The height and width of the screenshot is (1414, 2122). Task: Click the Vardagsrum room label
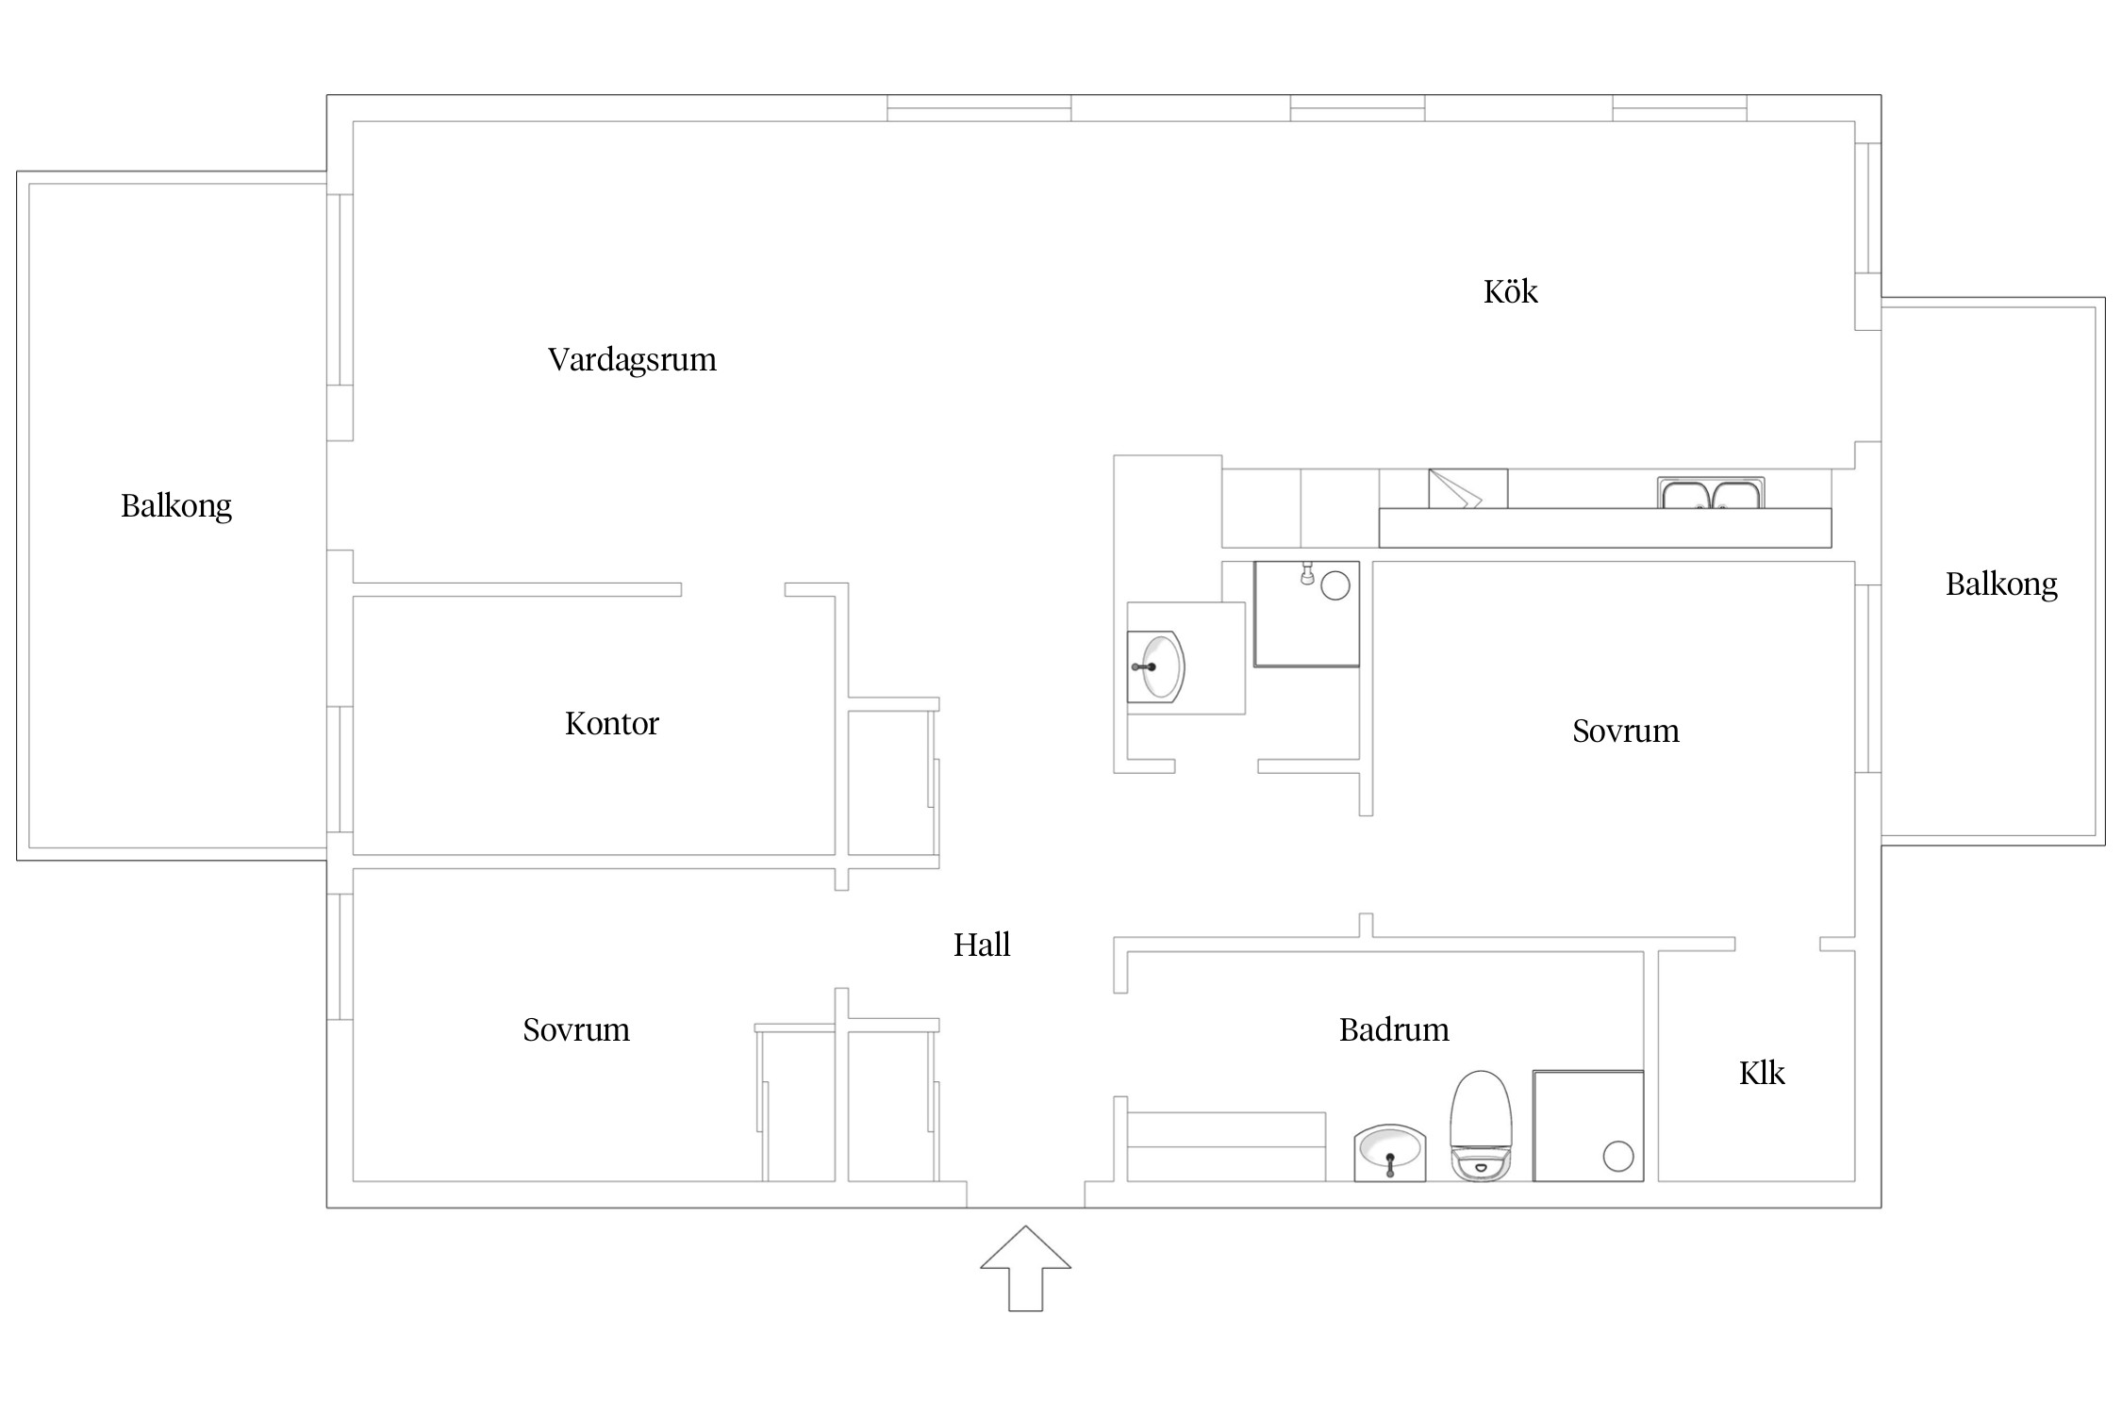pyautogui.click(x=632, y=360)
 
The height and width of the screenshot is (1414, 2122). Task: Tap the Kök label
pyautogui.click(x=1510, y=291)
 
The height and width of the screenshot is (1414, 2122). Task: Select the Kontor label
pyautogui.click(x=611, y=723)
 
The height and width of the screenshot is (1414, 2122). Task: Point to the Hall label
pyautogui.click(x=981, y=945)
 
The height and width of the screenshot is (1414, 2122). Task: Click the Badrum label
pyautogui.click(x=1394, y=1029)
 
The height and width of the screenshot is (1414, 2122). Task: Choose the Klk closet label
pyautogui.click(x=1762, y=1073)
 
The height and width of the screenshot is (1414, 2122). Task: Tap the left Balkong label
pyautogui.click(x=176, y=507)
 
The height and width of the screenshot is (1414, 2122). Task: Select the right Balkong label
pyautogui.click(x=2001, y=585)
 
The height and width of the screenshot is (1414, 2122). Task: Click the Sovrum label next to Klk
pyautogui.click(x=1626, y=731)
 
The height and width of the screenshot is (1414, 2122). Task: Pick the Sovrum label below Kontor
pyautogui.click(x=576, y=1029)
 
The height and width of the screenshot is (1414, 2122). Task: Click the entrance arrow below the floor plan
pyautogui.click(x=1025, y=1268)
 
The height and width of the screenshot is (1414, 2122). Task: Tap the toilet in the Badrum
pyautogui.click(x=1481, y=1126)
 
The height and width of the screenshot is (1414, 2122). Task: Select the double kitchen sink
pyautogui.click(x=1711, y=493)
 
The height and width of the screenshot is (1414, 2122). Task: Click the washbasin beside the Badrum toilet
pyautogui.click(x=1389, y=1152)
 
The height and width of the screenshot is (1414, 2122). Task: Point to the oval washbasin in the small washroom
pyautogui.click(x=1156, y=667)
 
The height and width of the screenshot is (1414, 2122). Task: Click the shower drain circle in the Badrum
pyautogui.click(x=1618, y=1156)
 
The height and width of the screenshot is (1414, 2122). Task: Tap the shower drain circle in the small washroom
pyautogui.click(x=1335, y=585)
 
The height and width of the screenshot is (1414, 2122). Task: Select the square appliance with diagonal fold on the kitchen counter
pyautogui.click(x=1467, y=488)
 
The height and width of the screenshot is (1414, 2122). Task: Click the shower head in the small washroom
pyautogui.click(x=1307, y=573)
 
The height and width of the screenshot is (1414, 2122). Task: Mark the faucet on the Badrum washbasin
pyautogui.click(x=1390, y=1165)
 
